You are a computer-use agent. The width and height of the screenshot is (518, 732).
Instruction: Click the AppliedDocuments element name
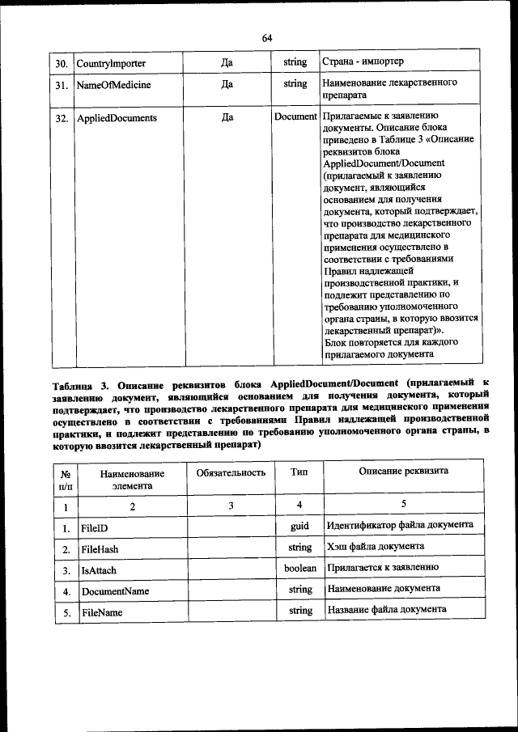click(117, 118)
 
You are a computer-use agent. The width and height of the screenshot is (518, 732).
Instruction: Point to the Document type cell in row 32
click(295, 117)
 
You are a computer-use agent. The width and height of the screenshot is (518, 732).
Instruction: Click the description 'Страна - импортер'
click(362, 62)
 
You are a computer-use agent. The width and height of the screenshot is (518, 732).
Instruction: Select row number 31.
click(61, 84)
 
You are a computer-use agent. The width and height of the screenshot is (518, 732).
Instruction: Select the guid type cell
click(299, 526)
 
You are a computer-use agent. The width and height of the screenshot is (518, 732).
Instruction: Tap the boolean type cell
click(299, 569)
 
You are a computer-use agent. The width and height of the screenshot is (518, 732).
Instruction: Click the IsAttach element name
click(99, 570)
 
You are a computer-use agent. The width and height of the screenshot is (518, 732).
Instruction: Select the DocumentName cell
click(115, 591)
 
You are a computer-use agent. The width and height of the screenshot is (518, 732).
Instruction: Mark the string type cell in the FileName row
click(299, 611)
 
